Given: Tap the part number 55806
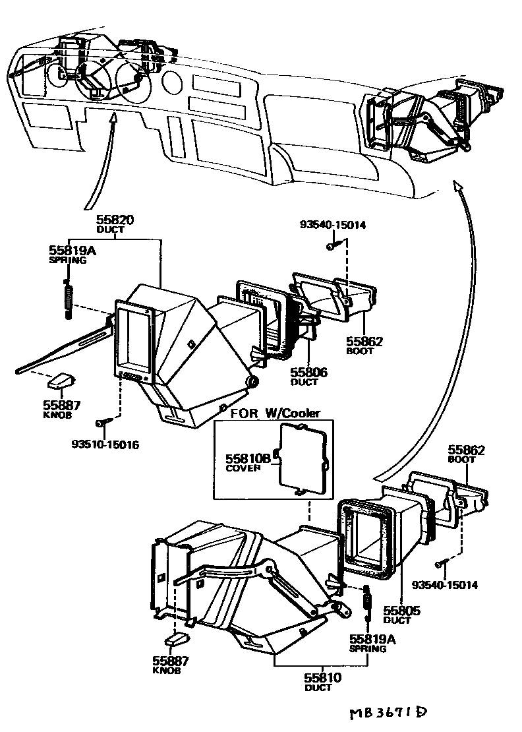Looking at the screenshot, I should pyautogui.click(x=309, y=373).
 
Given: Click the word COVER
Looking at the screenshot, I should pyautogui.click(x=243, y=468).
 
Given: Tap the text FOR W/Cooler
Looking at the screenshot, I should pyautogui.click(x=275, y=413).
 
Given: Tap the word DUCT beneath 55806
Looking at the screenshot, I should pyautogui.click(x=304, y=383).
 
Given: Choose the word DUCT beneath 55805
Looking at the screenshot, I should pyautogui.click(x=397, y=621).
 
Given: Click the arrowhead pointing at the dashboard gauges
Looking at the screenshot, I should pyautogui.click(x=113, y=118).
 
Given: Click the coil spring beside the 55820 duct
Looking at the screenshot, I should pyautogui.click(x=67, y=298).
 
